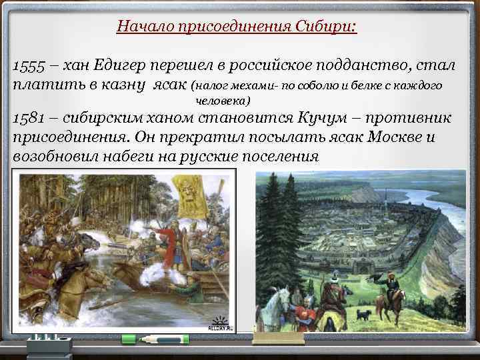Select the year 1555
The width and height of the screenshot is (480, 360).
click(27, 65)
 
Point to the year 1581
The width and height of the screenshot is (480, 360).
click(27, 119)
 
